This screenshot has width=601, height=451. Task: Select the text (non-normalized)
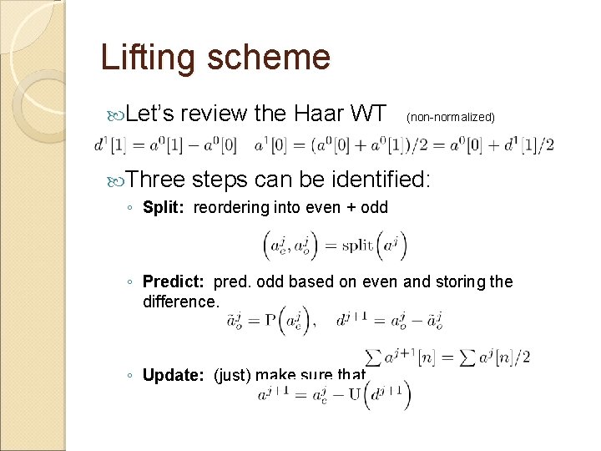pyautogui.click(x=451, y=118)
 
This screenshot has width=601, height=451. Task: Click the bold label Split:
pyautogui.click(x=165, y=207)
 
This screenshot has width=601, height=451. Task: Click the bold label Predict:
pyautogui.click(x=175, y=282)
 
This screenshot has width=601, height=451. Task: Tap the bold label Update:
pyautogui.click(x=175, y=375)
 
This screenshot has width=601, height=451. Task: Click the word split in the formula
pyautogui.click(x=359, y=245)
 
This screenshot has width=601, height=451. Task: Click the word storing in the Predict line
pyautogui.click(x=462, y=282)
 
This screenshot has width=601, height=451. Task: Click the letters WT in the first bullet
pyautogui.click(x=367, y=114)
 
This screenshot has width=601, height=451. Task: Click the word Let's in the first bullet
pyautogui.click(x=150, y=114)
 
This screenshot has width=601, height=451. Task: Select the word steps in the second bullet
pyautogui.click(x=222, y=180)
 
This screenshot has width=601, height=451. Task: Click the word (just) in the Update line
pyautogui.click(x=233, y=375)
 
